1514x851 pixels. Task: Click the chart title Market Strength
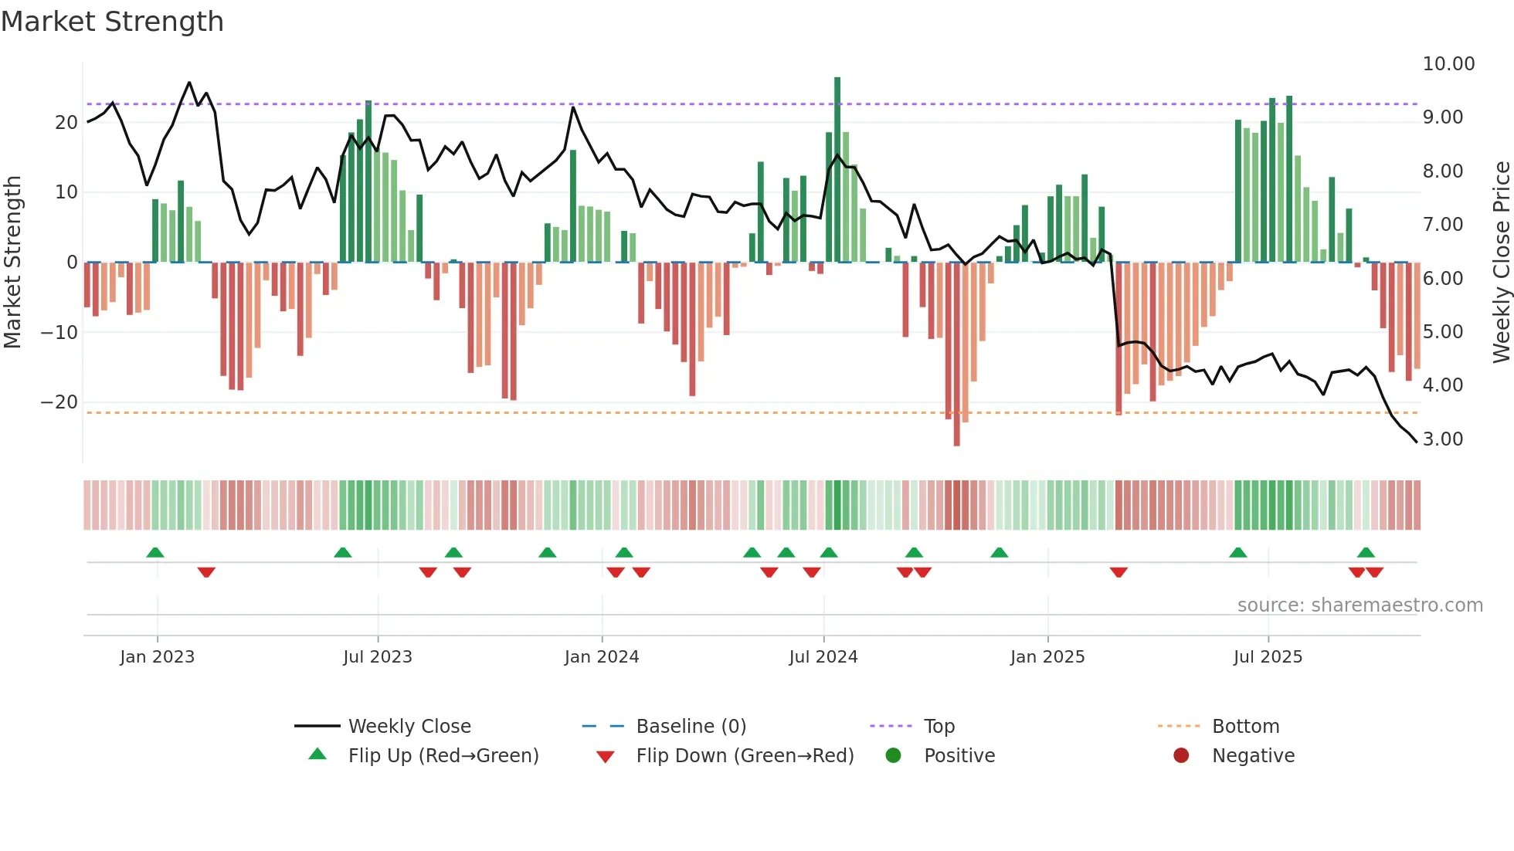click(112, 22)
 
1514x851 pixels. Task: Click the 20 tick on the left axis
click(66, 123)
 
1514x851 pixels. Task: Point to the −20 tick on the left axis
click(59, 402)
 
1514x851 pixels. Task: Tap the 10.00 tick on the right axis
click(1448, 64)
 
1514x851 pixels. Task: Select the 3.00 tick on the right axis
click(1443, 439)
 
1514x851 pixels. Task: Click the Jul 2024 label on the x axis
click(823, 657)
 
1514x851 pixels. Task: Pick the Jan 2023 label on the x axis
click(157, 657)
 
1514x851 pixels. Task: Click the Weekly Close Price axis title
click(1501, 263)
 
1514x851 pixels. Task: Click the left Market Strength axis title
click(13, 263)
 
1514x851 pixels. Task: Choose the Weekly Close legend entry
click(409, 727)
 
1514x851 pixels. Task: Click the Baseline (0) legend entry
click(691, 727)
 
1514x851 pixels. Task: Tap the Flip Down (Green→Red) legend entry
click(744, 756)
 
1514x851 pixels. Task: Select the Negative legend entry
click(1252, 756)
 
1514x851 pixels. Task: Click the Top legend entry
click(939, 727)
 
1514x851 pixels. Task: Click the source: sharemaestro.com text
click(1360, 605)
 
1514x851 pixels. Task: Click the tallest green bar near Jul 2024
click(837, 170)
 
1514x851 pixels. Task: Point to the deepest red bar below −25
click(956, 355)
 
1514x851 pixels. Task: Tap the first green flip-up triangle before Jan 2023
click(155, 553)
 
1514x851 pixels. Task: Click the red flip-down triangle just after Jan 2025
click(1119, 572)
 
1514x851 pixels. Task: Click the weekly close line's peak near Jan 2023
click(189, 83)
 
